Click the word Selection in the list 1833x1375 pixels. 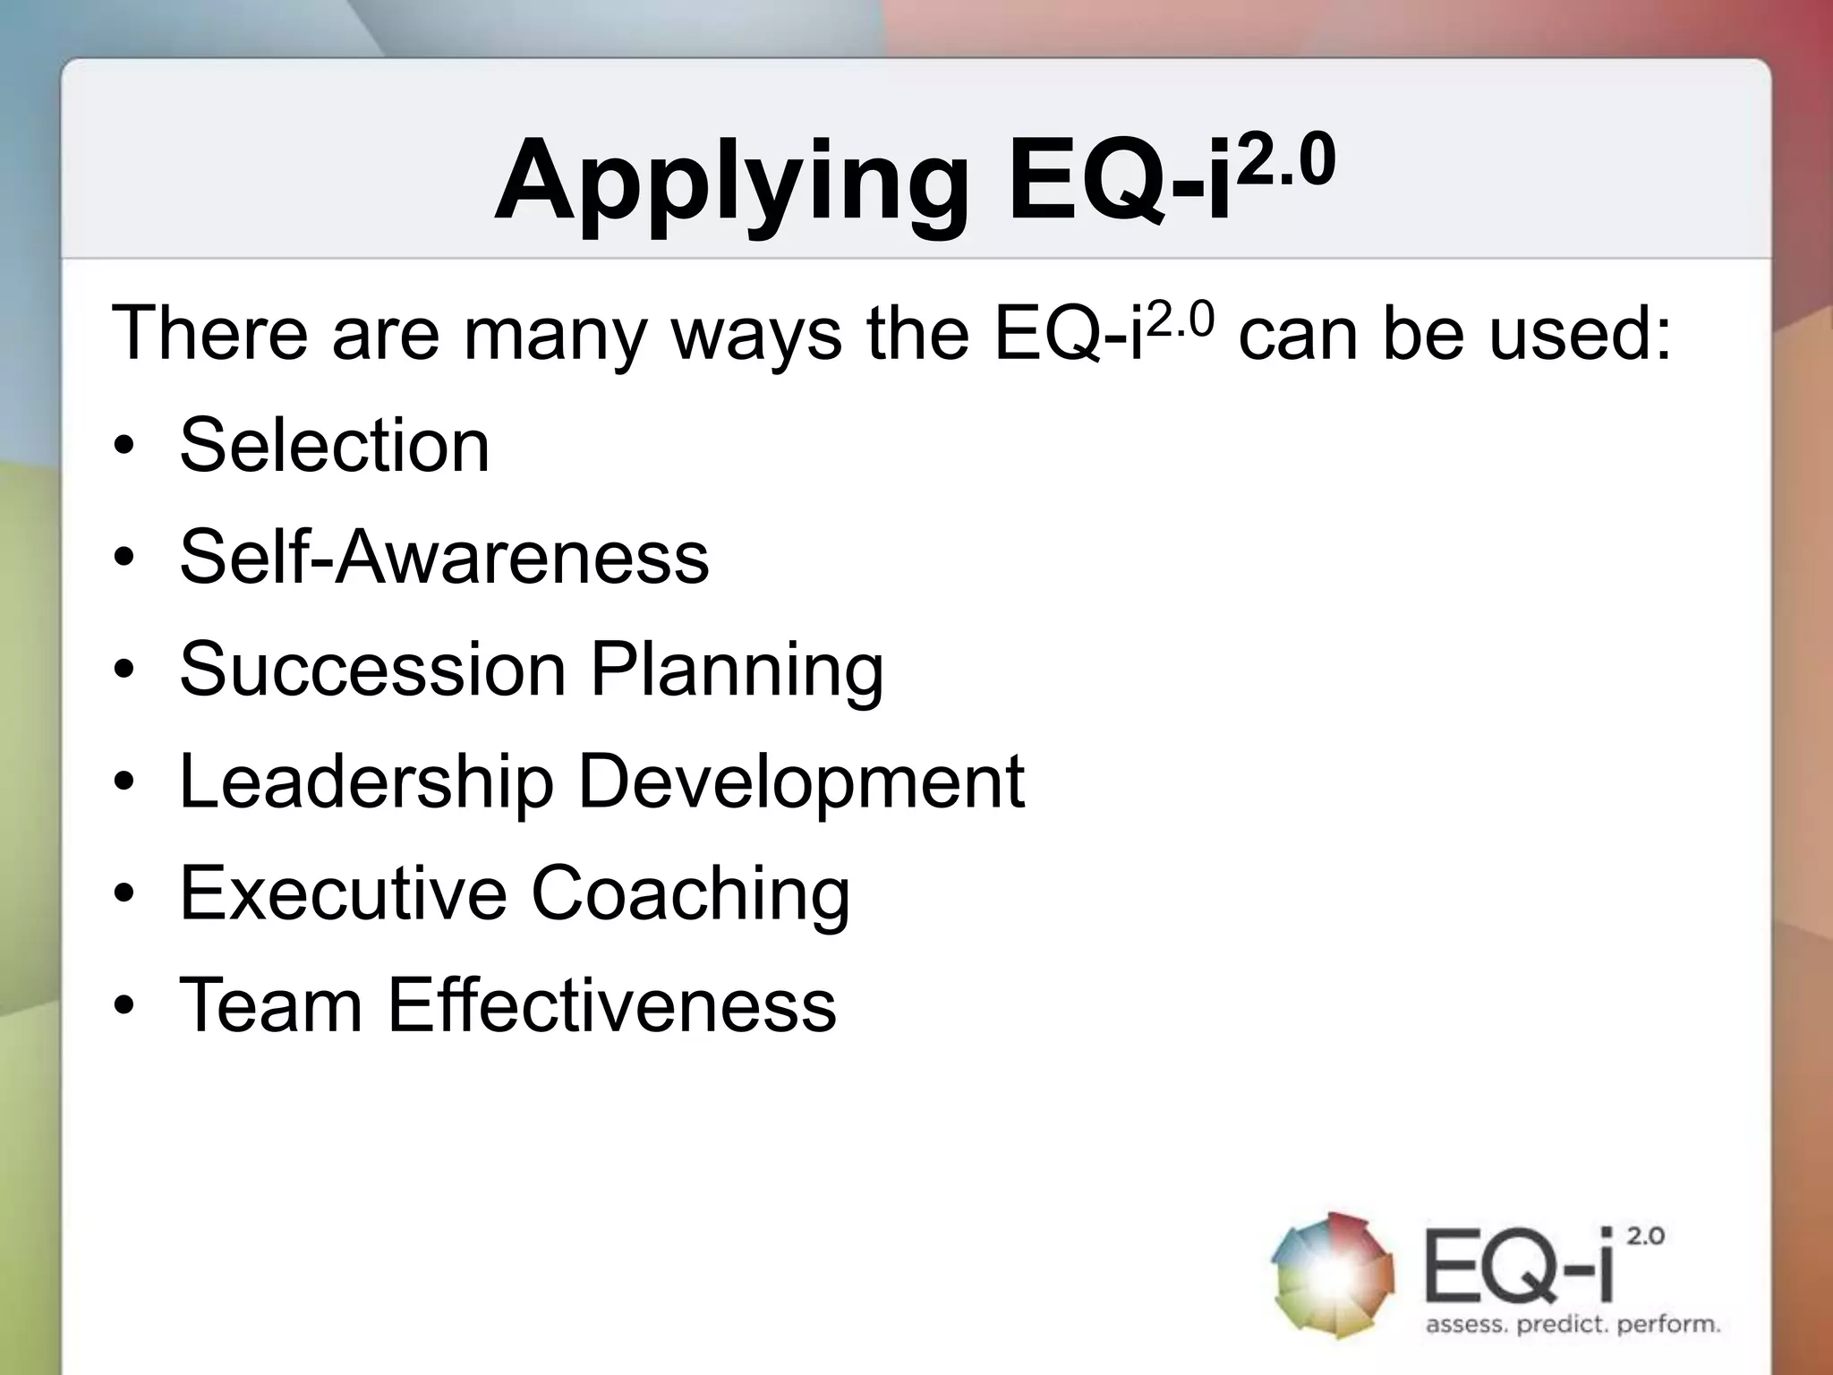334,445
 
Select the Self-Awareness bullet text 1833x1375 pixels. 444,557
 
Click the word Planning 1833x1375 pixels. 737,671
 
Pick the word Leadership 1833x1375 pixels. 367,782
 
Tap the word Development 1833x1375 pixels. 801,782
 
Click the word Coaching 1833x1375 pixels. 690,895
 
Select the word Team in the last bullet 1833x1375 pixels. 270,1004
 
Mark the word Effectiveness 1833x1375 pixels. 611,1004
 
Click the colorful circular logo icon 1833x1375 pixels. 1333,1275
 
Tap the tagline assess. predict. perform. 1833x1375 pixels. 1573,1324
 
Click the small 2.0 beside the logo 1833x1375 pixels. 1645,1236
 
